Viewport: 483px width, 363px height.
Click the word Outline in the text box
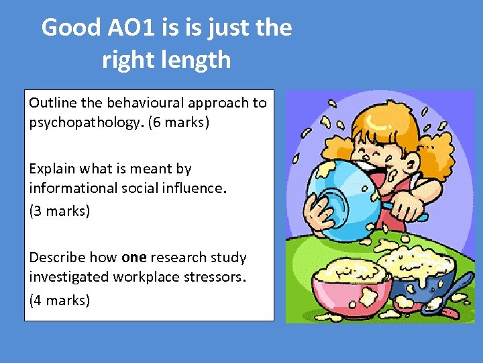pyautogui.click(x=52, y=104)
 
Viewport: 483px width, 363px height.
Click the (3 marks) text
pyautogui.click(x=59, y=211)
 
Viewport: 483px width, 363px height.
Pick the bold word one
pyautogui.click(x=134, y=257)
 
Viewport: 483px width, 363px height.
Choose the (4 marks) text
pyautogui.click(x=59, y=300)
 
